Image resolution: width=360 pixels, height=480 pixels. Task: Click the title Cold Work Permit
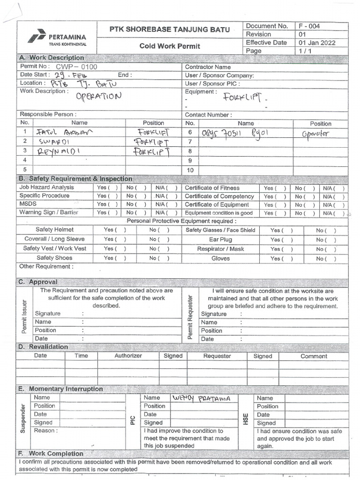pos(170,46)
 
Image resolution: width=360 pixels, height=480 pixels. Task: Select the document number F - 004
pos(309,26)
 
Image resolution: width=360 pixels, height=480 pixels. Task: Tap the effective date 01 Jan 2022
pos(317,43)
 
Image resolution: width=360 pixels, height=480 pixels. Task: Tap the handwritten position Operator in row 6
pos(315,133)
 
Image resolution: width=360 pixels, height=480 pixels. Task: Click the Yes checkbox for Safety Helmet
pos(115,230)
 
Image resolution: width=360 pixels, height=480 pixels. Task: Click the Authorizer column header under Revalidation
pos(128,356)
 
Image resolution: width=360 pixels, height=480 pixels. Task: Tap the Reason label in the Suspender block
pos(45,430)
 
